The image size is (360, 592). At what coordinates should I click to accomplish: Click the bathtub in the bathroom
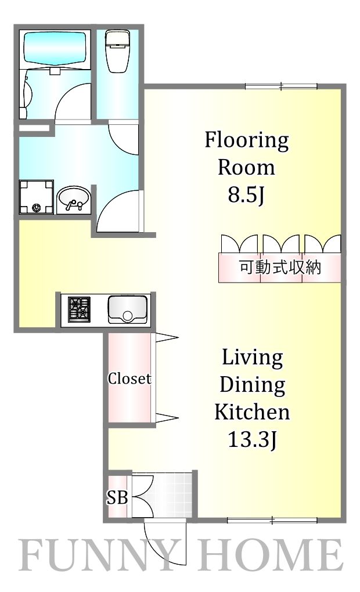pyautogui.click(x=53, y=49)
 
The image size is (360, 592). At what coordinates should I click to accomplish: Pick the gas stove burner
pyautogui.click(x=80, y=309)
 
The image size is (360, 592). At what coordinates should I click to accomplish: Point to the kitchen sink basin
pyautogui.click(x=127, y=309)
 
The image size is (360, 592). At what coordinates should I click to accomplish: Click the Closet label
pyautogui.click(x=129, y=379)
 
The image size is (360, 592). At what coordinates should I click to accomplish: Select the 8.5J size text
pyautogui.click(x=246, y=196)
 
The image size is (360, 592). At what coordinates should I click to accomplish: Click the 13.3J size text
pyautogui.click(x=251, y=441)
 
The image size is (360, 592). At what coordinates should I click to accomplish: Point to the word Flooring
pyautogui.click(x=246, y=140)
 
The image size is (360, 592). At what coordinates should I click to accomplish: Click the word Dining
pyautogui.click(x=252, y=384)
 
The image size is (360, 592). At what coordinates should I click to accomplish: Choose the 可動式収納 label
pyautogui.click(x=280, y=268)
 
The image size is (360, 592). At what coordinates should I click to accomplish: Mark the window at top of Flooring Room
pyautogui.click(x=282, y=88)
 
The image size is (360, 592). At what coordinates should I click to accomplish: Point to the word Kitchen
pyautogui.click(x=252, y=412)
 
